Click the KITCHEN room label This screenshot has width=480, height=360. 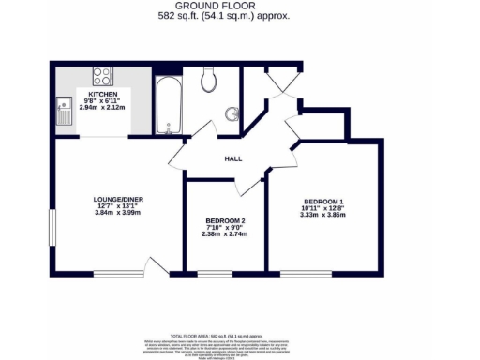point(102,96)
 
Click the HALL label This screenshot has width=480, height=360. point(233,158)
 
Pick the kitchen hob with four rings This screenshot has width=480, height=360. point(102,76)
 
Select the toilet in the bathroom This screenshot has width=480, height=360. point(209,82)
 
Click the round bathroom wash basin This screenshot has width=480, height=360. point(231,115)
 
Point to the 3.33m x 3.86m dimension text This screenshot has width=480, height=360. point(322,215)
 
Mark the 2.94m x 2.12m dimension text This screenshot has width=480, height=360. point(102,108)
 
